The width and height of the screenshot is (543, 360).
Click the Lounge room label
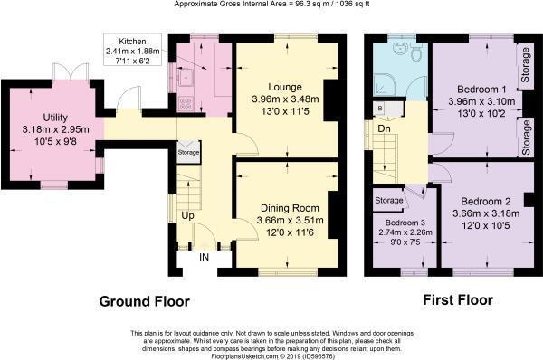pyautogui.click(x=285, y=87)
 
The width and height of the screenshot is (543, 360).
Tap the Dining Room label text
pyautogui.click(x=290, y=208)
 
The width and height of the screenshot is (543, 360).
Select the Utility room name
pyautogui.click(x=55, y=118)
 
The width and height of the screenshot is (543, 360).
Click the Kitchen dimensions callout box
pyautogui.click(x=132, y=50)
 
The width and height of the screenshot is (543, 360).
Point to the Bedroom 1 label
pyautogui.click(x=481, y=89)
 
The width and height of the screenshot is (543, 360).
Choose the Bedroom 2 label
pyautogui.click(x=486, y=202)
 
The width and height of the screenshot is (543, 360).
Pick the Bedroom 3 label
pyautogui.click(x=405, y=223)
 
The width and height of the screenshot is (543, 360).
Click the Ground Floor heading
pyautogui.click(x=145, y=301)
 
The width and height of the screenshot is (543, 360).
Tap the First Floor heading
pyautogui.click(x=458, y=299)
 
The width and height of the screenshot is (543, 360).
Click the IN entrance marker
pyautogui.click(x=204, y=257)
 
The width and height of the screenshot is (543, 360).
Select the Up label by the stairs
pyautogui.click(x=187, y=215)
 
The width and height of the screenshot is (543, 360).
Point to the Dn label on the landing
pyautogui.click(x=384, y=128)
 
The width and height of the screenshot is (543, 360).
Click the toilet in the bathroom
pyautogui.click(x=415, y=52)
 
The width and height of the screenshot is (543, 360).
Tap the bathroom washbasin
pyautogui.click(x=400, y=49)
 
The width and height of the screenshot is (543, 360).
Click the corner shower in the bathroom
pyautogui.click(x=384, y=84)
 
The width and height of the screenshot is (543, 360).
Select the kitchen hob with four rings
pyautogui.click(x=186, y=104)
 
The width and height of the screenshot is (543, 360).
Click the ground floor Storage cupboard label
pyautogui.click(x=189, y=152)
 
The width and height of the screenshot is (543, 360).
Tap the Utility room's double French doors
pyautogui.click(x=71, y=72)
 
